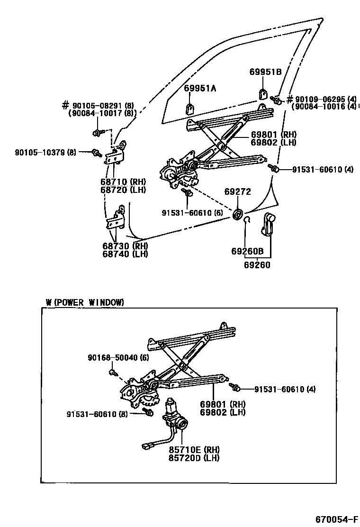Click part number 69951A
coord(200,89)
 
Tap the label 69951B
coord(265,72)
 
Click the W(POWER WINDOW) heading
coord(85,302)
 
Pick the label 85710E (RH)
coord(194,449)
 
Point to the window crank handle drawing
coord(269,224)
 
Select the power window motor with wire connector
coord(172,417)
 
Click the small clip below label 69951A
coord(189,109)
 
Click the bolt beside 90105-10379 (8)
coord(97,153)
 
